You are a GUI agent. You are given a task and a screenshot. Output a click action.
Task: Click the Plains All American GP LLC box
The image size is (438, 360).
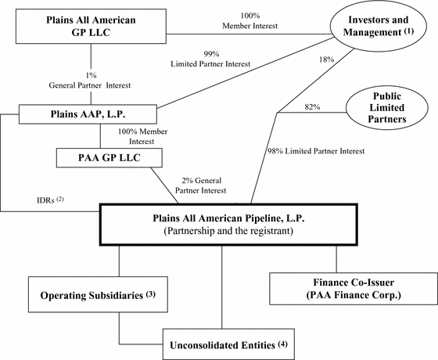tap(91, 27)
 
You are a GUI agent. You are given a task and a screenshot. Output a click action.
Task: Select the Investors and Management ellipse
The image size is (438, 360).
tap(379, 26)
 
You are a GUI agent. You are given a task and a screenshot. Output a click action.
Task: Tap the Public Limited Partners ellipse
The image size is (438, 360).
tap(387, 108)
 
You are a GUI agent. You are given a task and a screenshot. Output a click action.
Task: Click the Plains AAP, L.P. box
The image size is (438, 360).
tap(88, 114)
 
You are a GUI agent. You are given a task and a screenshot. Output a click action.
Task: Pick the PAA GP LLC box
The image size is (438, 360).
tap(109, 158)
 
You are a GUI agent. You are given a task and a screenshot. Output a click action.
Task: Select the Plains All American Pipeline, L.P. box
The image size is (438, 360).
tap(228, 225)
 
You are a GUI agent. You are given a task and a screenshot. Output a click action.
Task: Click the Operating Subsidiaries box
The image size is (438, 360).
tap(98, 294)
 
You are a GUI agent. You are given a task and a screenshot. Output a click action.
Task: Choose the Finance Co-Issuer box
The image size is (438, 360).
tap(354, 289)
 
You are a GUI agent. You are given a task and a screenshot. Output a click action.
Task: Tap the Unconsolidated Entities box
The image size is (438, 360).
tap(228, 344)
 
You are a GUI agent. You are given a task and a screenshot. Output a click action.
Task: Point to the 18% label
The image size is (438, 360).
tap(327, 59)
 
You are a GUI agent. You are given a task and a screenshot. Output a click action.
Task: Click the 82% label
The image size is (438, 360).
tap(312, 106)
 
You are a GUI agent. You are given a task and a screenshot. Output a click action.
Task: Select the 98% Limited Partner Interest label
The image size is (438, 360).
tap(316, 151)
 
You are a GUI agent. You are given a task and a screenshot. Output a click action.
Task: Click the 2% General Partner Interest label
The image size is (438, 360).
tap(200, 185)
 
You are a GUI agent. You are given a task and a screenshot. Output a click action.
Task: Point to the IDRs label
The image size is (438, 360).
tap(51, 200)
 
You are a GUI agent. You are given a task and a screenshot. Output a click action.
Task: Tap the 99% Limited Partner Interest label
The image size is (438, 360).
tap(210, 59)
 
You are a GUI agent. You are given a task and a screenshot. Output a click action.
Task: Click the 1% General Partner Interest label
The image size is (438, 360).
tap(90, 81)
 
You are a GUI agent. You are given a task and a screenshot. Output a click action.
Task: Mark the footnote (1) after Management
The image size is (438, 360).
tap(408, 31)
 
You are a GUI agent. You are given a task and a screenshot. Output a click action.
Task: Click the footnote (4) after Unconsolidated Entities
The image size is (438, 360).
tap(282, 344)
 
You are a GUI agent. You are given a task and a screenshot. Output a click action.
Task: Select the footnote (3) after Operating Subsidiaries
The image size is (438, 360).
tap(150, 294)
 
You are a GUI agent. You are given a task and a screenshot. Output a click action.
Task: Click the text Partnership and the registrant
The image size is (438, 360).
tap(228, 231)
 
